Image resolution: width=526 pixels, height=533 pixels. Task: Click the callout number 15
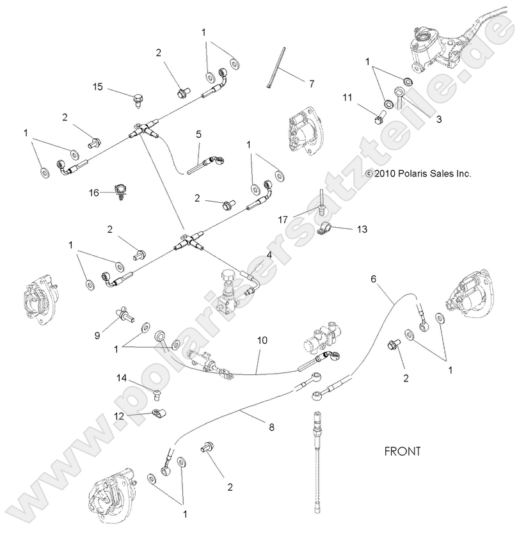(98, 86)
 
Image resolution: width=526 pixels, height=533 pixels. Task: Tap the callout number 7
(312, 84)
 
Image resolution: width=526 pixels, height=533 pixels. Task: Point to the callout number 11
(347, 97)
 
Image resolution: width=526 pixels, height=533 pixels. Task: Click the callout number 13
(362, 228)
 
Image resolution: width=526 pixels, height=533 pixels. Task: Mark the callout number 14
(122, 379)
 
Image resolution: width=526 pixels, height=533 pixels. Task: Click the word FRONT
(402, 451)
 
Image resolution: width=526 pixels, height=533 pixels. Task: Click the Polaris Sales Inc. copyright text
(418, 173)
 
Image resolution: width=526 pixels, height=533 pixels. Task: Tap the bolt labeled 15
(138, 99)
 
